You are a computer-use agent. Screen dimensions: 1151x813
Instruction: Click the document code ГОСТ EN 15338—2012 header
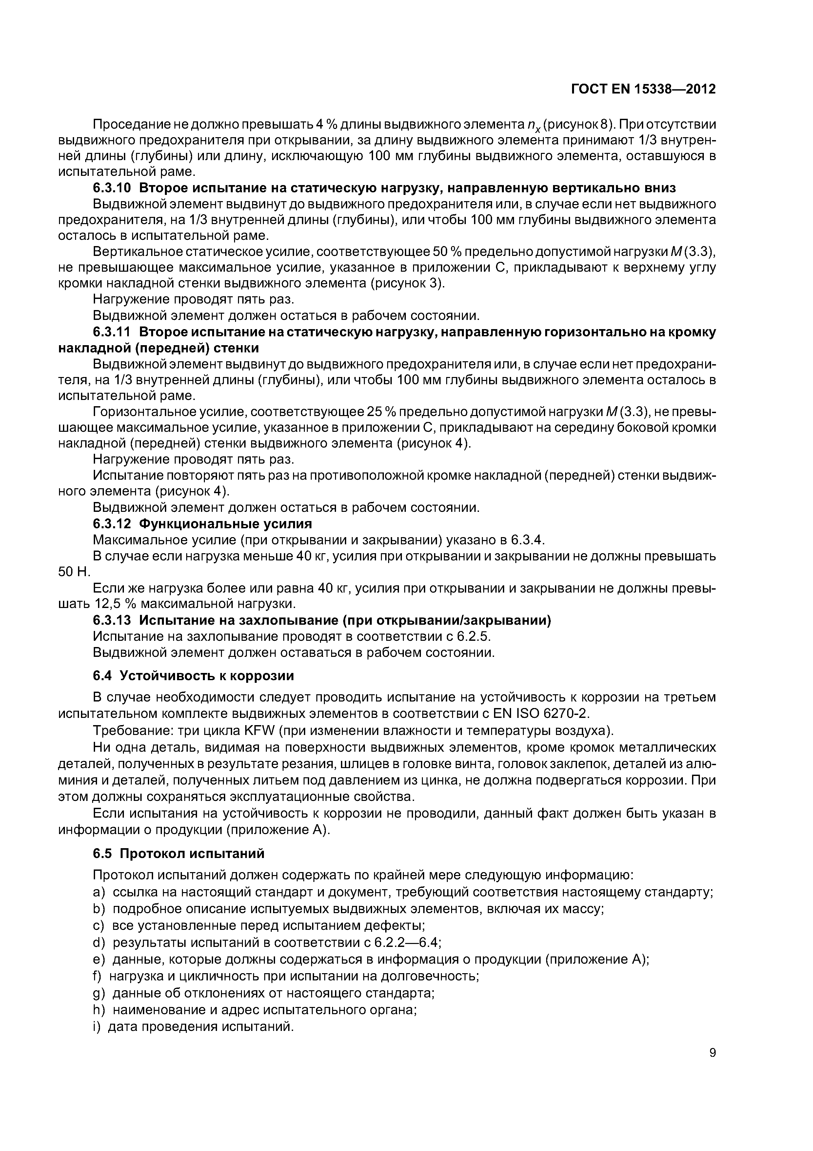click(x=643, y=89)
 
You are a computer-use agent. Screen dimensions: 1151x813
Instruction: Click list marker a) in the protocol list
click(x=99, y=892)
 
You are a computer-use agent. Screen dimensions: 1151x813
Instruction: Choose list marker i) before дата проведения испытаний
click(x=97, y=1026)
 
